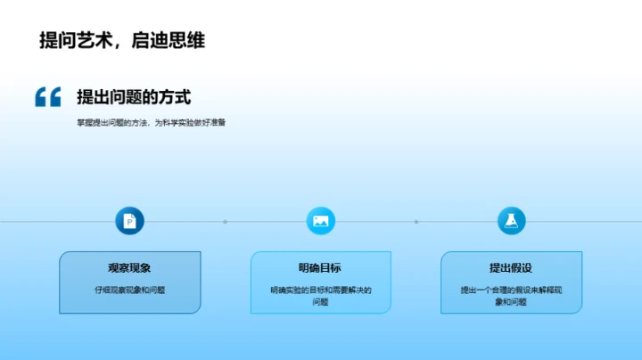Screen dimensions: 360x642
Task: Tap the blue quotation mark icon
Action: tap(47, 97)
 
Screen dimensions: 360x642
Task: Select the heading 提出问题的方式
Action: tap(134, 97)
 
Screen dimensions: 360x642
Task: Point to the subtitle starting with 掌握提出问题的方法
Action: tap(151, 123)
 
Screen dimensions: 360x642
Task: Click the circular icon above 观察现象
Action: tap(130, 221)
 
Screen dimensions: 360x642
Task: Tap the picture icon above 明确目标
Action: tap(320, 221)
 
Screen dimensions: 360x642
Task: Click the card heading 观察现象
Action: tap(130, 267)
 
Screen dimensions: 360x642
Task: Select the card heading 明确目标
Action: tap(320, 267)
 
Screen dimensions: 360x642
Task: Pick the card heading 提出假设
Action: tap(511, 267)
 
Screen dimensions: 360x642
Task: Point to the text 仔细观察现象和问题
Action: tap(130, 290)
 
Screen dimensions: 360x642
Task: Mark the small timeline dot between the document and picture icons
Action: tap(226, 221)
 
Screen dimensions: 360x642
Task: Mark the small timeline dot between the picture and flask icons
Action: tap(416, 221)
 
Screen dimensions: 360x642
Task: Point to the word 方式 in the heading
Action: tap(177, 97)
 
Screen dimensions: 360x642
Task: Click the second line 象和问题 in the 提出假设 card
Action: tap(511, 302)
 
